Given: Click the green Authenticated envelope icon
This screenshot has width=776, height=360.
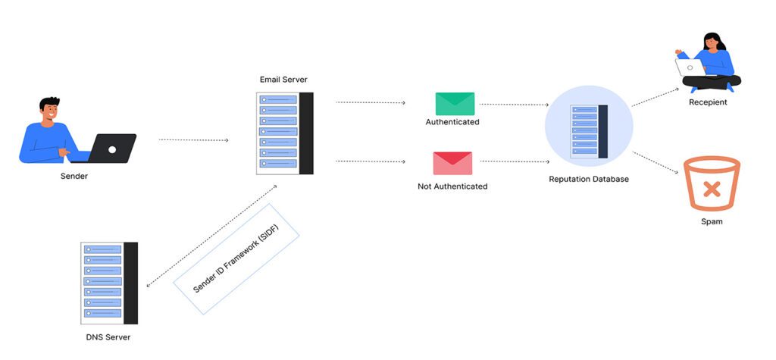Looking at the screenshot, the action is pos(455,104).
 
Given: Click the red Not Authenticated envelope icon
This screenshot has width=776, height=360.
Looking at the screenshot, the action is pos(452,163).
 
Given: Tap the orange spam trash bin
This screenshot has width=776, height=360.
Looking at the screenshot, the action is pos(712,183).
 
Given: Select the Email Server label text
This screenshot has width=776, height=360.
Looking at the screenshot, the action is pos(283,80).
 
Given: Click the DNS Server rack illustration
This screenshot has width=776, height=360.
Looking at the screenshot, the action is pos(109,283).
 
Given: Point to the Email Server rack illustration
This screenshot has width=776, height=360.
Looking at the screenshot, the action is pos(285,133).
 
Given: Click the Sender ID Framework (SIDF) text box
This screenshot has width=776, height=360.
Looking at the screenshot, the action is pos(236,258).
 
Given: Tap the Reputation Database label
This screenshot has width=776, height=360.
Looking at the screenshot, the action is pos(588,179).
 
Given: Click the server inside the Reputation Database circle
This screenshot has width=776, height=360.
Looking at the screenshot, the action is pos(589,131).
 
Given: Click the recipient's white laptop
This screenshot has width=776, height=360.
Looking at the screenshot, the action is pos(690,67).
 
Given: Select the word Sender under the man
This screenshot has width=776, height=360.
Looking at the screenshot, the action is pos(74,176).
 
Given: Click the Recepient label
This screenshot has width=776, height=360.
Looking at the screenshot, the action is pos(708,102).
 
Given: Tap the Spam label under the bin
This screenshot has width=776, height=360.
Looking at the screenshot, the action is pos(712,221).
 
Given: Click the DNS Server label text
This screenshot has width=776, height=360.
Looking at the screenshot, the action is pos(108,337).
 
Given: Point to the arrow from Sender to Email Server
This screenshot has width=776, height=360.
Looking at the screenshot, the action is pos(193,140).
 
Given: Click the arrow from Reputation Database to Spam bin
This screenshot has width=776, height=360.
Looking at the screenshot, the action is pos(656,162).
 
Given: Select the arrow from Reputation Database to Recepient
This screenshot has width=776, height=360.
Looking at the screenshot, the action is pos(656,97).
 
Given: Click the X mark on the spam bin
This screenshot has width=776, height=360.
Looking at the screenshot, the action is pos(712,189).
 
